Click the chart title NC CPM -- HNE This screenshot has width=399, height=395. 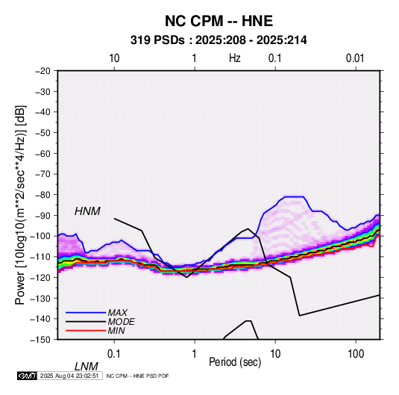pos(219,21)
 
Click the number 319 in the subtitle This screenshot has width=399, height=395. pos(140,40)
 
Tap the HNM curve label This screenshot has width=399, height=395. pos(87,211)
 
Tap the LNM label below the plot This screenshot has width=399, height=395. pos(87,367)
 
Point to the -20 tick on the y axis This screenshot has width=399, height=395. pos(43,71)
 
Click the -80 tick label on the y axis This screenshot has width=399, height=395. pos(43,195)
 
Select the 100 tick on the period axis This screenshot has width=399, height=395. pos(356,354)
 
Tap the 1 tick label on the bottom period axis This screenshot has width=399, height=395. pos(194,354)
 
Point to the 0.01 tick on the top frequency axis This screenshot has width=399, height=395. pos(355,58)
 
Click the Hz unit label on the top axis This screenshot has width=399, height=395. pos(235,58)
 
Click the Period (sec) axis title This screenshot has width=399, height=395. pos(235,362)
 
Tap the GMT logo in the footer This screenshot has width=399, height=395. pos(28,376)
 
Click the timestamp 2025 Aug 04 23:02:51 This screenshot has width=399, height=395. pos(69,376)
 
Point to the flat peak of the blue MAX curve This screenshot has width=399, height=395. pos(294,196)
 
